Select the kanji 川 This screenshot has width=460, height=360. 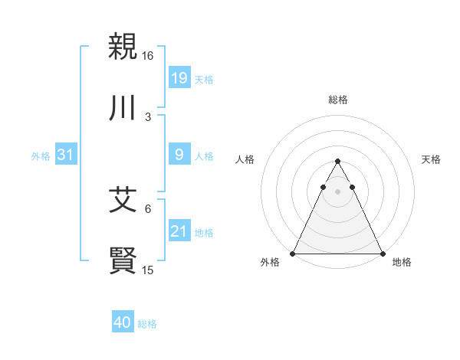click(123, 109)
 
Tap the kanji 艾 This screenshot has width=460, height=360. click(123, 201)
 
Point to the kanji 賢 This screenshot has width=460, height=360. click(123, 260)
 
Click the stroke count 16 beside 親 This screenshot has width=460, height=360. click(148, 56)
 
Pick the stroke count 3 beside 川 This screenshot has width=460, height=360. click(148, 117)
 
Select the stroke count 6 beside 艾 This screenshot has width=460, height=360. click(148, 208)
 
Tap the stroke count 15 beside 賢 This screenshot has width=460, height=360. click(148, 270)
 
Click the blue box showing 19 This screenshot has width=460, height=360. click(179, 78)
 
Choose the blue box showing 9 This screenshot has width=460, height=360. click(179, 155)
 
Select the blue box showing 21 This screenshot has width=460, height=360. click(179, 231)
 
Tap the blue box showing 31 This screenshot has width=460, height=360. click(65, 155)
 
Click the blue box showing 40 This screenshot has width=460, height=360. click(123, 322)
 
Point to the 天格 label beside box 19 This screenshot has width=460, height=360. click(204, 80)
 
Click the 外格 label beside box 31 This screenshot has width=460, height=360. click(41, 156)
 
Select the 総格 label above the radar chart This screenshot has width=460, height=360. click(337, 100)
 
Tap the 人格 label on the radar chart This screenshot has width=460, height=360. click(245, 159)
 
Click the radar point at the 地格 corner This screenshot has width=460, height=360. click(382, 253)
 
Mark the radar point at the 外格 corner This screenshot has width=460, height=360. click(293, 253)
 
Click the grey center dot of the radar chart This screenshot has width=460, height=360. click(337, 191)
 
